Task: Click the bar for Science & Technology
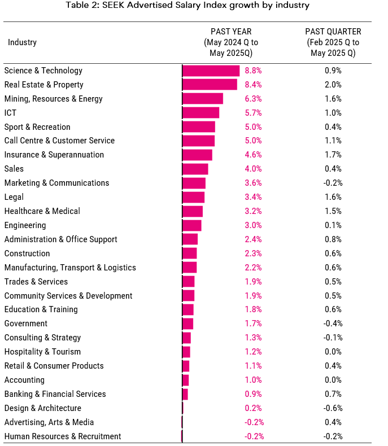click(211, 71)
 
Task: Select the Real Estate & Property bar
click(210, 85)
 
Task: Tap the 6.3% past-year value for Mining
click(254, 99)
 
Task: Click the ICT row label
click(10, 113)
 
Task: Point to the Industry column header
click(22, 42)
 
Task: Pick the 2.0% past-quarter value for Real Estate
click(333, 85)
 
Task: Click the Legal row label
click(14, 197)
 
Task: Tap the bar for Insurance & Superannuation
click(197, 155)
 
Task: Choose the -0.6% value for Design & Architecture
click(333, 408)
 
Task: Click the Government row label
click(25, 323)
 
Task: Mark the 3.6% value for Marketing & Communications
click(254, 183)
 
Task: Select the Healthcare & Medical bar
click(193, 211)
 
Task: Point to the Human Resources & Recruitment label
click(62, 436)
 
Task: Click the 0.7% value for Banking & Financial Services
click(333, 394)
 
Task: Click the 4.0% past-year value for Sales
click(254, 169)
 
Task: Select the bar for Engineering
click(192, 225)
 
